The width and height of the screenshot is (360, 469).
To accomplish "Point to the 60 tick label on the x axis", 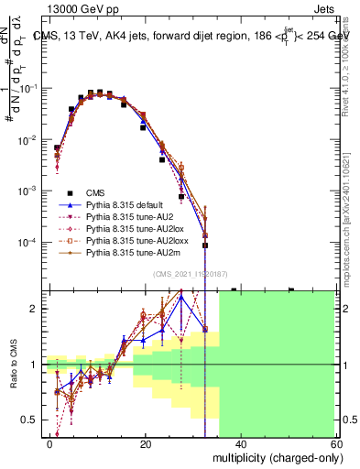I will (x=336, y=443).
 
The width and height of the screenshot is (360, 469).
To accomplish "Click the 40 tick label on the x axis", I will (x=241, y=443).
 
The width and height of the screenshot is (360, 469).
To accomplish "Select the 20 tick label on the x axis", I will (x=146, y=443).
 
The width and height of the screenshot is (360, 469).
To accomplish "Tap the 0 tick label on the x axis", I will (x=50, y=443).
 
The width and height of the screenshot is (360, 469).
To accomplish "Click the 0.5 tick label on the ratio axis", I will (x=31, y=420).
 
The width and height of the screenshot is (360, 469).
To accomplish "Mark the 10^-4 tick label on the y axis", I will (x=28, y=243).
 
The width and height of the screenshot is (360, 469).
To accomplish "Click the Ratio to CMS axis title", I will (x=14, y=365).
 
